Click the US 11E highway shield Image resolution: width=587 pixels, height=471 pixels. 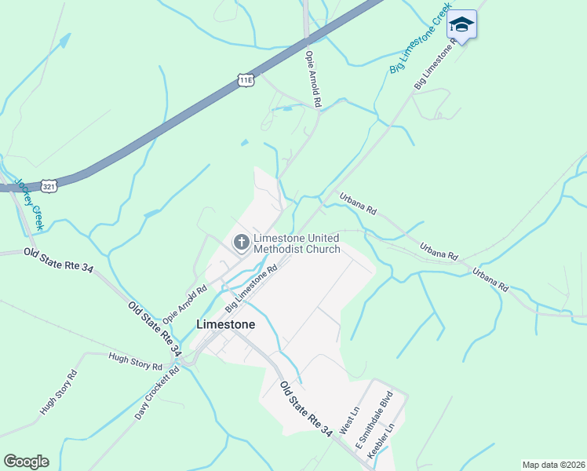[x=246, y=79]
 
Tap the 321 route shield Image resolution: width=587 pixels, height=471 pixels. [x=49, y=186]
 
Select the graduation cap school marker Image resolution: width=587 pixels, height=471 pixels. [x=462, y=26]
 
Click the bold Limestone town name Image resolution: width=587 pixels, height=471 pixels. [x=225, y=324]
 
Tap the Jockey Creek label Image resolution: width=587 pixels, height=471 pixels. [x=28, y=203]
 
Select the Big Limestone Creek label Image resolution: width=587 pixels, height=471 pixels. [x=421, y=38]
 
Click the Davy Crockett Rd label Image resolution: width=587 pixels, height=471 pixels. [x=157, y=392]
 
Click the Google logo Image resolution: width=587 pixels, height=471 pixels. [x=26, y=461]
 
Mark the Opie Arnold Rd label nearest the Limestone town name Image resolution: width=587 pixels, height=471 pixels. [x=184, y=304]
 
